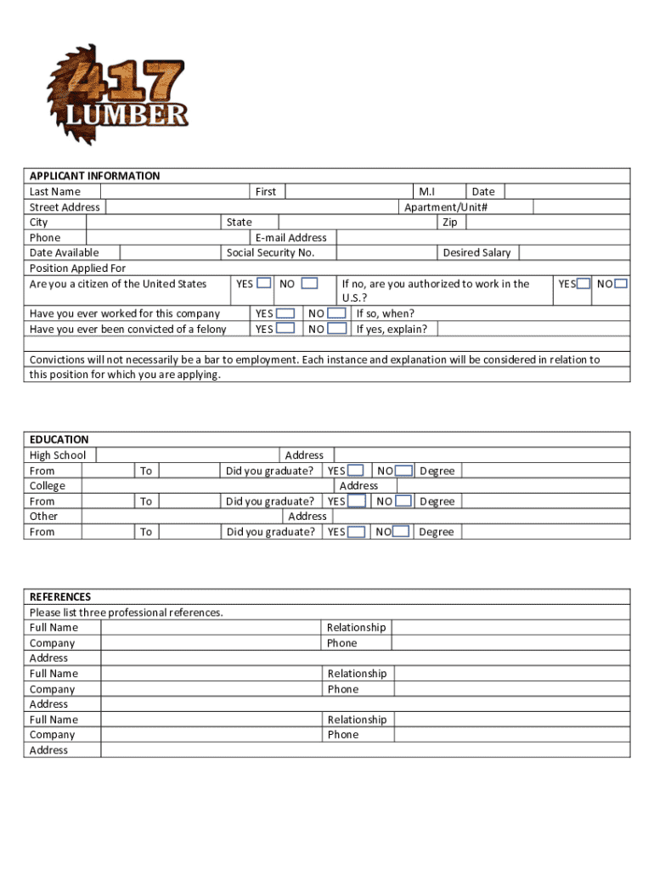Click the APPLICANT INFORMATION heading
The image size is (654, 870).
(94, 176)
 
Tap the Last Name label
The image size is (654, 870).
(55, 192)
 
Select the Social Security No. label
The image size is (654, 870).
(270, 252)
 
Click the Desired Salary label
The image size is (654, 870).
(476, 252)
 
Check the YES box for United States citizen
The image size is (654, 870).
(265, 283)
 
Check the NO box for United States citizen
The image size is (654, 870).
(310, 283)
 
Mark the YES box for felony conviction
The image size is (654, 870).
(285, 328)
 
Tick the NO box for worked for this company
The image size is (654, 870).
(337, 314)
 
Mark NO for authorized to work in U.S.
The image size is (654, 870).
(622, 283)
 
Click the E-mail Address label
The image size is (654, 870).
(290, 238)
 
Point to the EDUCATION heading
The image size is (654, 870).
(59, 439)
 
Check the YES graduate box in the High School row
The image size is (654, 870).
(356, 471)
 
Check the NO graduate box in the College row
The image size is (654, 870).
(403, 501)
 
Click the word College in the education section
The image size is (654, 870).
(48, 486)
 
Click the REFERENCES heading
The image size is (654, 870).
(60, 596)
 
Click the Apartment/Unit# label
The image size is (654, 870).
(446, 207)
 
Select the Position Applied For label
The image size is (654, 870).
(77, 268)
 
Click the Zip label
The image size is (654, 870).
(449, 223)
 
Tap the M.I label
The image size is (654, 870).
(427, 192)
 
